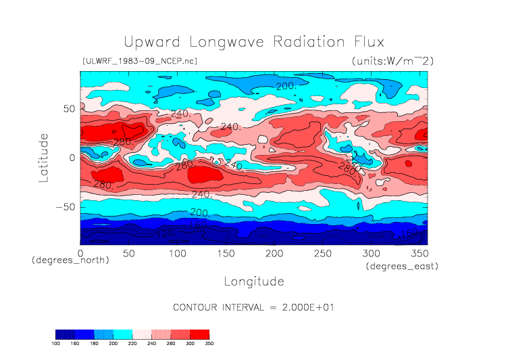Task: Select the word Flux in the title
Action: coord(363,42)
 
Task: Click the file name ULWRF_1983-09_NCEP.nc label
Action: coord(139,61)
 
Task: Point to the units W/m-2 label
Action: coord(392,61)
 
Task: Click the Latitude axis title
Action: coord(44,157)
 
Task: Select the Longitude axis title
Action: coord(253,281)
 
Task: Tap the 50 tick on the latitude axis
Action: coord(68,108)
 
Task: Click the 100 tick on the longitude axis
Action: coord(177,252)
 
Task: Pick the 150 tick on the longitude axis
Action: coord(225,252)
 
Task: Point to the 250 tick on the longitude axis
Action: coord(322,252)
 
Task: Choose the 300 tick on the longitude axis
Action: coord(370,252)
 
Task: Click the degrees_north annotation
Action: coord(70,261)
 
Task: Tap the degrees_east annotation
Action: coord(403,267)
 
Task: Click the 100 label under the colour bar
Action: coord(56,344)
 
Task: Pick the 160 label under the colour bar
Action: coord(75,344)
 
